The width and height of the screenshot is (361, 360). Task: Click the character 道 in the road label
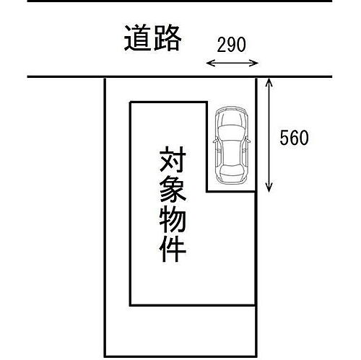(x=138, y=38)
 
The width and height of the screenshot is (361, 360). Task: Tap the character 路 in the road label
(x=167, y=38)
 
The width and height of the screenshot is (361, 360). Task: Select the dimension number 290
(x=231, y=45)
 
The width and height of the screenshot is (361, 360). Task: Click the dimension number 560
(x=294, y=138)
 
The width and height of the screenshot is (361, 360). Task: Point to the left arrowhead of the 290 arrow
(x=209, y=63)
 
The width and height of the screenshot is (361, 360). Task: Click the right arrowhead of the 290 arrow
(x=255, y=63)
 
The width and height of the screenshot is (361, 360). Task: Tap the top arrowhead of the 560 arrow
(x=269, y=82)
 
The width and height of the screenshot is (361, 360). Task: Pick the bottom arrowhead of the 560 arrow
(x=269, y=188)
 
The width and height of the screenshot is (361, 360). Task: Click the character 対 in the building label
(x=173, y=159)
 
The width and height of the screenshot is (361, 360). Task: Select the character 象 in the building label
(x=173, y=189)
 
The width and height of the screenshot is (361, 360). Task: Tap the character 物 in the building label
(x=173, y=219)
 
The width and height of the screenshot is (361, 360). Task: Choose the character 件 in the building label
(x=173, y=249)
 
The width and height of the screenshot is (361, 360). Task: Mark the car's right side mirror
(x=248, y=140)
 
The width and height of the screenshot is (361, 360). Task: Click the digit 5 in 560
(x=284, y=138)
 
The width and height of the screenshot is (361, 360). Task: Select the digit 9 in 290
(x=231, y=45)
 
